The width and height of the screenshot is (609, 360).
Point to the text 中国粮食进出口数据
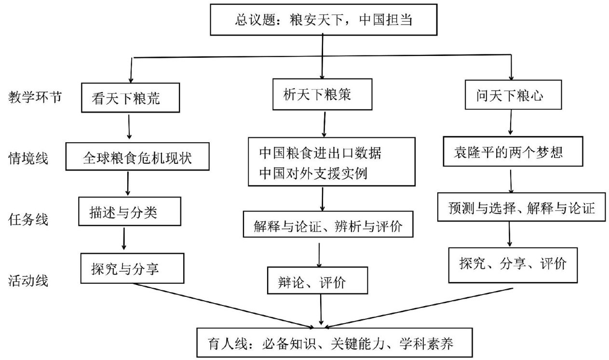[x=320, y=153]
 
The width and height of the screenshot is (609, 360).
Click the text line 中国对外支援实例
[x=313, y=173]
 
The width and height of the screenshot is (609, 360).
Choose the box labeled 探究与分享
[x=133, y=268]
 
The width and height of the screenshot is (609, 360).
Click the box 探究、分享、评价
[x=513, y=265]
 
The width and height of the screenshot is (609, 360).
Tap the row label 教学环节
[x=35, y=97]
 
